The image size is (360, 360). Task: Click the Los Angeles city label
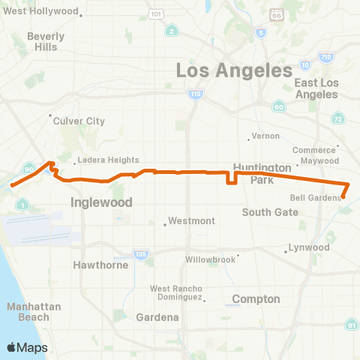233,71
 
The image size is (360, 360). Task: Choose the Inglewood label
101,202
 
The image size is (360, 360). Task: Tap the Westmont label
192,221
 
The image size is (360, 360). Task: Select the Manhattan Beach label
28,312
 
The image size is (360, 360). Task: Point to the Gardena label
157,317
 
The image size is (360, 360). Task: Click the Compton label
256,299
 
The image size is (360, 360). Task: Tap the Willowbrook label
211,260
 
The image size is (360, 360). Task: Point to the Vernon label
266,136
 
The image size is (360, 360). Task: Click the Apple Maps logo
26,347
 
